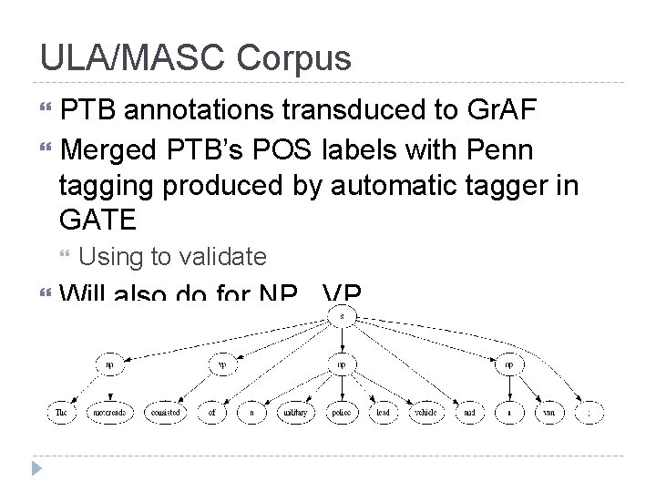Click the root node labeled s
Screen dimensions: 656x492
click(x=341, y=316)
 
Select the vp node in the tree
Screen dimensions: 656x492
click(x=222, y=364)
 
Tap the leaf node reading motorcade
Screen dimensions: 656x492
click(x=109, y=412)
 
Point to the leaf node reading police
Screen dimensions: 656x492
click(x=341, y=412)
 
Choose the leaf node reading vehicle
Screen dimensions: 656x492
click(x=425, y=412)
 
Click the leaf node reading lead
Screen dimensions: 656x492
click(x=383, y=412)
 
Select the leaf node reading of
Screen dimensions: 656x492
click(x=211, y=412)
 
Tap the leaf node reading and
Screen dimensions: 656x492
click(x=468, y=412)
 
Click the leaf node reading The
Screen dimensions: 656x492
click(x=60, y=412)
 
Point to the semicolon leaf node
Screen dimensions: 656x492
click(x=589, y=412)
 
